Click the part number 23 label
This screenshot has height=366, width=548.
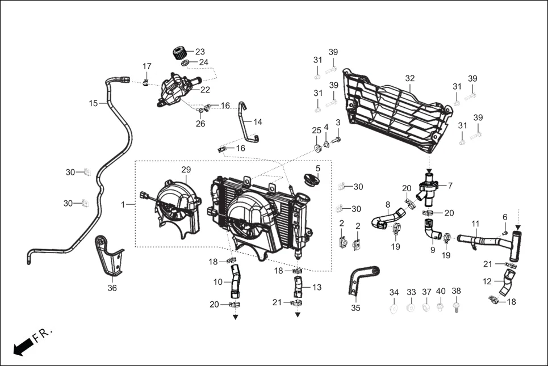[200, 51]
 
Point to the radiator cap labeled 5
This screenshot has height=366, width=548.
[312, 180]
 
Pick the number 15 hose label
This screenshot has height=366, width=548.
[94, 103]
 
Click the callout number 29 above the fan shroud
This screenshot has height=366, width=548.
[186, 170]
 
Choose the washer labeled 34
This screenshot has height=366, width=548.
[394, 308]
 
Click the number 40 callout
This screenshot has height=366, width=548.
[441, 291]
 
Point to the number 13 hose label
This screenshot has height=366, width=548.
[316, 288]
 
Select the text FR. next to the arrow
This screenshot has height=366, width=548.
[43, 335]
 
